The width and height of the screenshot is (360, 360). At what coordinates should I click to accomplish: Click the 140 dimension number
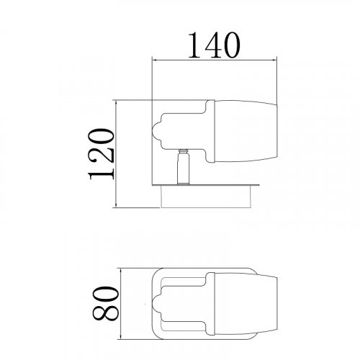coord(213,45)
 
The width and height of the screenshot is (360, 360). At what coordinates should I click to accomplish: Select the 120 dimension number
coord(99,153)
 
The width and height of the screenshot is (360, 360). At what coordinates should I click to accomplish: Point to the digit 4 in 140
coord(213,45)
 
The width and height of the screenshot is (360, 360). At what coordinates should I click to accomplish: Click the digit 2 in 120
coord(99,154)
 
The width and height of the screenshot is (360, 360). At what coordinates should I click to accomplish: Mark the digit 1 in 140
coord(194,45)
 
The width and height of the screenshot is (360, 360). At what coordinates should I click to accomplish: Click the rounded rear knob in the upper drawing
coord(158,131)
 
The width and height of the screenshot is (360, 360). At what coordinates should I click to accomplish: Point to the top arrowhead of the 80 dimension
coord(123,273)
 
